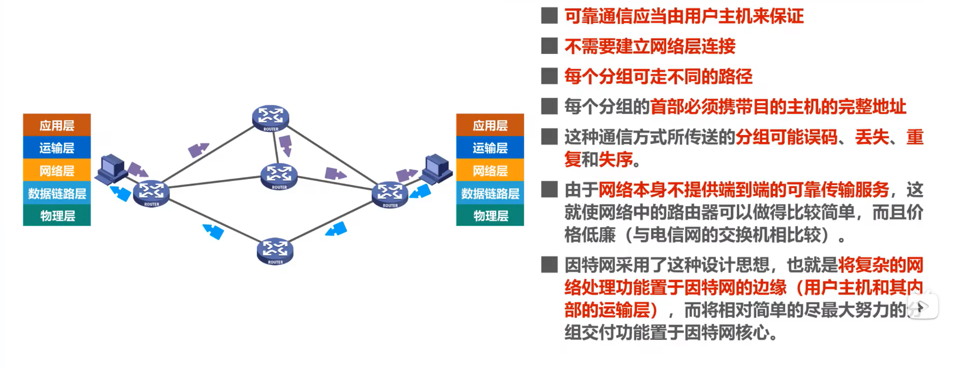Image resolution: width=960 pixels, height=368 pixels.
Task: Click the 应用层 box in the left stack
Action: (57, 125)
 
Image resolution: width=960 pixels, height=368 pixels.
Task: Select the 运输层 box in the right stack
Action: (490, 148)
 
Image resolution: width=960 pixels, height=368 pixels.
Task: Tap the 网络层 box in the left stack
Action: (57, 170)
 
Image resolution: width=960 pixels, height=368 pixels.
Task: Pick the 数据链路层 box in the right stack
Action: (490, 193)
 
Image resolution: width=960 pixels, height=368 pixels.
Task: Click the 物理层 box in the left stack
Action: (57, 216)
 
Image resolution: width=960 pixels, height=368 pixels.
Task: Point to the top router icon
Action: (270, 118)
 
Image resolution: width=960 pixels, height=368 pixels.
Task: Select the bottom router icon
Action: (275, 250)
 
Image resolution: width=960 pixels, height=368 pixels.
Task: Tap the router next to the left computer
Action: (151, 193)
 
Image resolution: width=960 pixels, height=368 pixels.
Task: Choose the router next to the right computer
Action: (390, 194)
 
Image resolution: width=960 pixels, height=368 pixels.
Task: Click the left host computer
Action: (111, 168)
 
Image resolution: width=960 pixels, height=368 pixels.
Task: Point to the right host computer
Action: (436, 168)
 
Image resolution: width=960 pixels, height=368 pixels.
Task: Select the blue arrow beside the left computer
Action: (120, 192)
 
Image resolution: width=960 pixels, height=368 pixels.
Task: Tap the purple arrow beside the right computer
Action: (406, 175)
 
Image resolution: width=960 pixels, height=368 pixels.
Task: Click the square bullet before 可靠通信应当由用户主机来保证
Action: (549, 16)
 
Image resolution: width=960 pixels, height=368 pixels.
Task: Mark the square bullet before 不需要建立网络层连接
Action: (549, 46)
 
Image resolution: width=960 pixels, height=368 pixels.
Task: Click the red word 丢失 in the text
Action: (871, 137)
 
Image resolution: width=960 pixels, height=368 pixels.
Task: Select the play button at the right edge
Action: (923, 306)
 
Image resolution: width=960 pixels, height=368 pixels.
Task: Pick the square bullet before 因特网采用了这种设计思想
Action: (549, 264)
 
